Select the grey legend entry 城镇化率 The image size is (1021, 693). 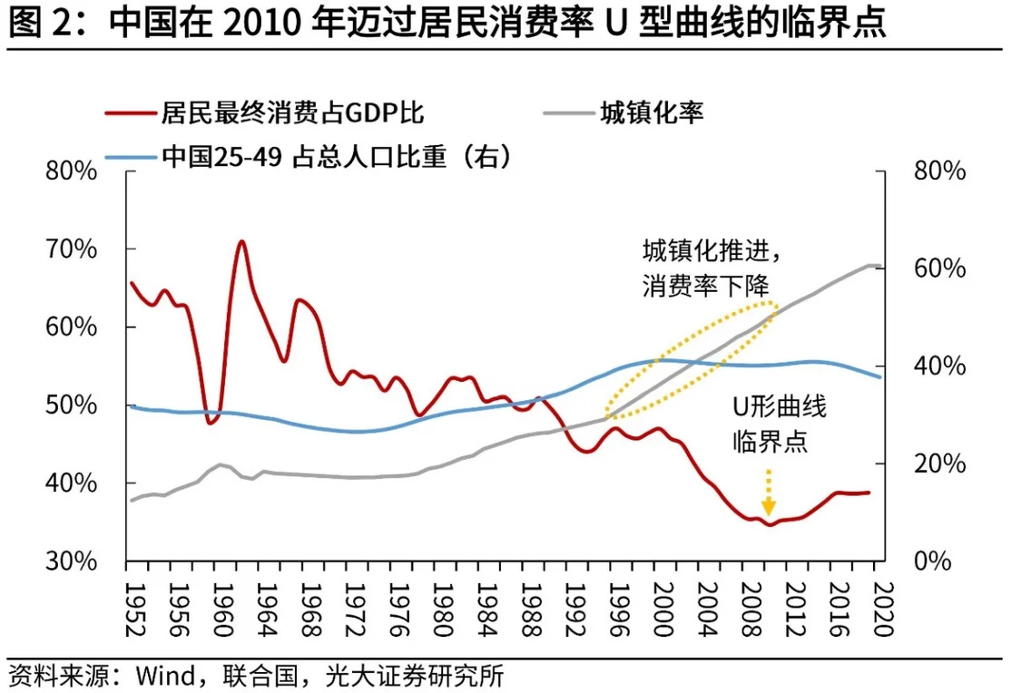(x=651, y=113)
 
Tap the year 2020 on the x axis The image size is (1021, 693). (x=882, y=600)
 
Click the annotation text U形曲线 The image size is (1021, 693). (x=780, y=405)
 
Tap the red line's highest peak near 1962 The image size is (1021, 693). (x=241, y=242)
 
